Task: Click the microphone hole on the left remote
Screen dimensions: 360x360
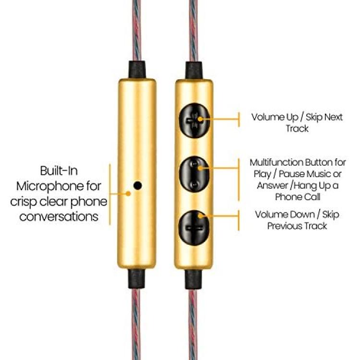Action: (x=137, y=185)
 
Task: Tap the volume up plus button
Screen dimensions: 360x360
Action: (x=194, y=120)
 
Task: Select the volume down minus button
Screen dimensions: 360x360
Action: (x=194, y=228)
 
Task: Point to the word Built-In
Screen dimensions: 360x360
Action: (x=59, y=170)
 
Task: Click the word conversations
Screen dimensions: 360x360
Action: (x=59, y=216)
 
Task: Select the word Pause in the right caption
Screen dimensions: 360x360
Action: (x=289, y=174)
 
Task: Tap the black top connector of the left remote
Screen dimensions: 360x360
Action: (x=137, y=70)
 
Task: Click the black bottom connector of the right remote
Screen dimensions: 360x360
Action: (x=193, y=279)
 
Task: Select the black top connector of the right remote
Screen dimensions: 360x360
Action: (x=194, y=70)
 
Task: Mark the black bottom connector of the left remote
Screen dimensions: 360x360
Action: (x=137, y=279)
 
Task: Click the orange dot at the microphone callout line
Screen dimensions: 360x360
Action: (x=128, y=194)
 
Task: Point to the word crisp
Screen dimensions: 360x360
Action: (x=23, y=202)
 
